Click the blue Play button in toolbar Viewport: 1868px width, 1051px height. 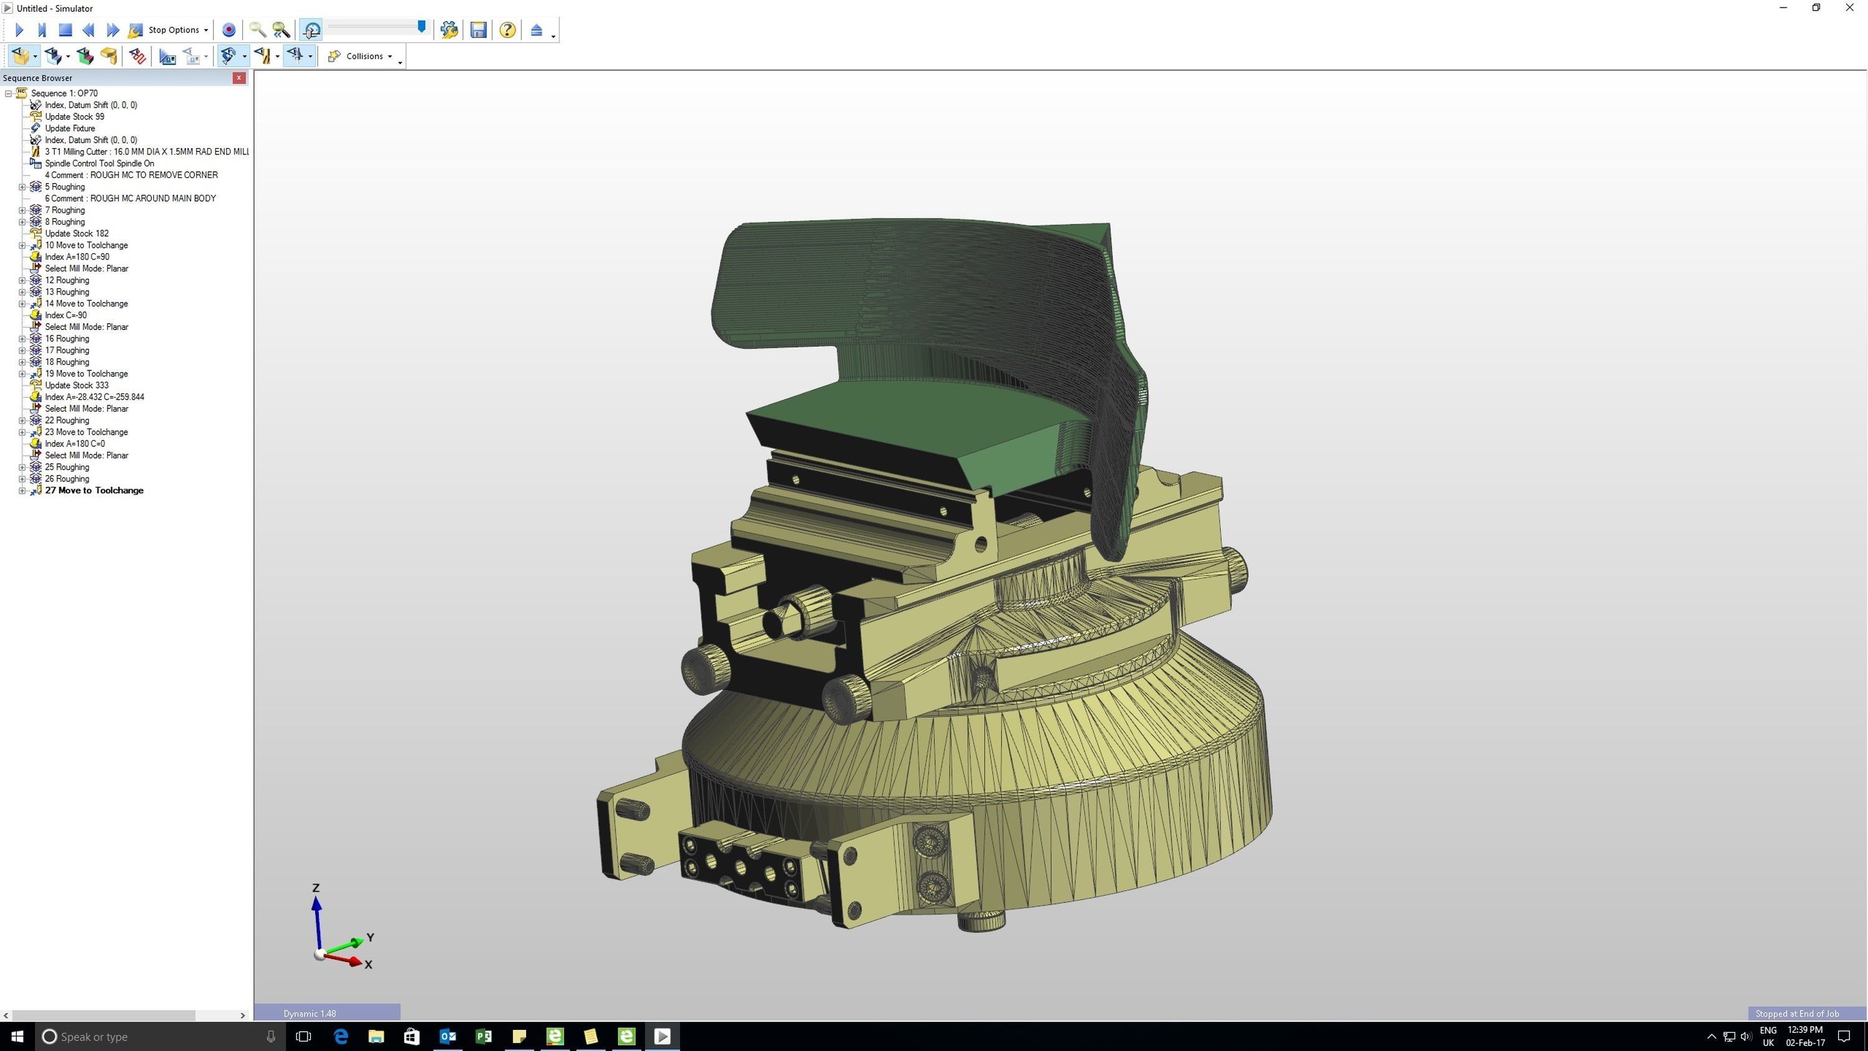pos(19,30)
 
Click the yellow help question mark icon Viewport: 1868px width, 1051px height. pos(507,30)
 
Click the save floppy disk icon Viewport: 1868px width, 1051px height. pos(478,30)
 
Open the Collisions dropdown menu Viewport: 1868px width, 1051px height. pos(365,56)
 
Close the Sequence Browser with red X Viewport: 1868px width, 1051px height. pos(238,78)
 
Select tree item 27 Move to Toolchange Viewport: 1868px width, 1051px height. pos(94,491)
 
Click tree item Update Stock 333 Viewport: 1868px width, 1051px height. pos(77,385)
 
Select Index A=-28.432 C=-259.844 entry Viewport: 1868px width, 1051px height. pos(94,397)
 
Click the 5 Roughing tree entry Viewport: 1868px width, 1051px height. pos(65,186)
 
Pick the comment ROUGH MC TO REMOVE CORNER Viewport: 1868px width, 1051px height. pos(131,175)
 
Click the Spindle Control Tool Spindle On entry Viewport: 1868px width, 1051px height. pos(100,163)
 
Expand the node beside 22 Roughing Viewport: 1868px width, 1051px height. pos(22,421)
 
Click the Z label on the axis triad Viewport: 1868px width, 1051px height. pos(316,888)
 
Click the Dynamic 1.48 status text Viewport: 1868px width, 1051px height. pos(309,1013)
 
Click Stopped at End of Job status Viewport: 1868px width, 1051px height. pos(1796,1013)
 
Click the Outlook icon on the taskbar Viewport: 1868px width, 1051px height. pos(448,1037)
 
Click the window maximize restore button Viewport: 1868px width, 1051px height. pos(1816,8)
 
